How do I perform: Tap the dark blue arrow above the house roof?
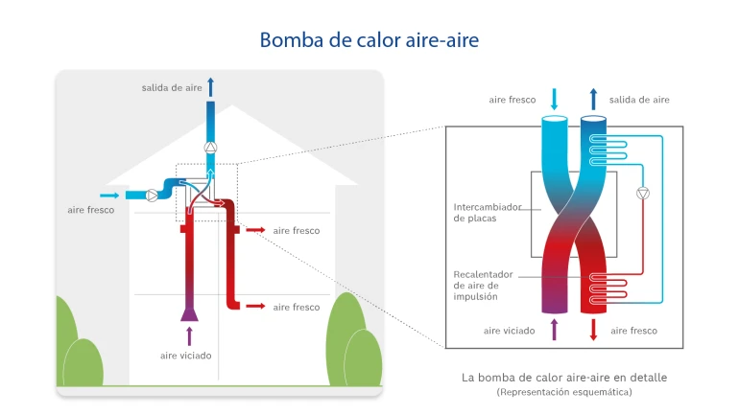point(210,87)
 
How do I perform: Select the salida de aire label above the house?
point(172,88)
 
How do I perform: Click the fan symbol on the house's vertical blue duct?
point(210,148)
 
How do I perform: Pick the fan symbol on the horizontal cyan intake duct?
point(154,195)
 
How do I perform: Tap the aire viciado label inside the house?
point(186,356)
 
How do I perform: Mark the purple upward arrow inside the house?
point(189,335)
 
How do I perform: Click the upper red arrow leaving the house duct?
point(255,231)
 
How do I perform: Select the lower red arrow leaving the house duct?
point(255,307)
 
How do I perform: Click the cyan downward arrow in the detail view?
point(554,99)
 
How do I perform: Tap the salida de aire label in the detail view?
point(639,100)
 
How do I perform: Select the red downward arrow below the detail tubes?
point(593,330)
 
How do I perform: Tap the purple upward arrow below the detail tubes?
point(554,330)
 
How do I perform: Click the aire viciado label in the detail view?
point(510,331)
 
